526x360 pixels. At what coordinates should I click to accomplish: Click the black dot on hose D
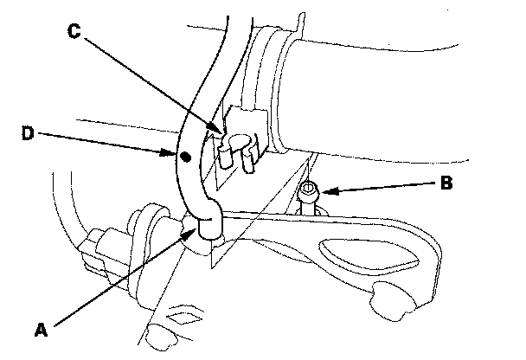[184, 157]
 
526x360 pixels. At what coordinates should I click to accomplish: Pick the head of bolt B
[309, 189]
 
